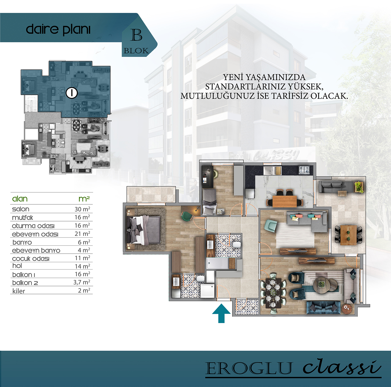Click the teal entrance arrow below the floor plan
tap(221, 313)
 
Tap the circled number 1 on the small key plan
tap(72, 93)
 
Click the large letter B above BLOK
tap(136, 35)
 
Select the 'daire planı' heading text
tap(58, 30)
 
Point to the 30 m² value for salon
tap(82, 209)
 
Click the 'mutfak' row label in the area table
tap(23, 218)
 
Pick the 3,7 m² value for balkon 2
tap(82, 282)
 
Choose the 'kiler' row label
tap(19, 291)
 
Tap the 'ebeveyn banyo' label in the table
tap(36, 251)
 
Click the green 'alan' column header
tap(20, 199)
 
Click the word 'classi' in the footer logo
tap(342, 367)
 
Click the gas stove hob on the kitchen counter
tap(304, 170)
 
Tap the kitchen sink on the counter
tap(272, 170)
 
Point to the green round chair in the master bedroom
tap(186, 216)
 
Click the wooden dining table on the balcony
tap(349, 235)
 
